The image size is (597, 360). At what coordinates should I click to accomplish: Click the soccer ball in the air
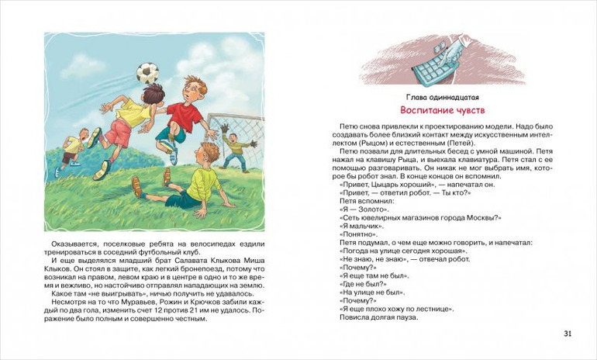pos(147,72)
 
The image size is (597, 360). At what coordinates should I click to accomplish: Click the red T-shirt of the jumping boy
pos(185,116)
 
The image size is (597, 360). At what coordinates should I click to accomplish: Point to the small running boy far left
pos(72,151)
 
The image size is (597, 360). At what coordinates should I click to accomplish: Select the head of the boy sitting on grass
pos(209,152)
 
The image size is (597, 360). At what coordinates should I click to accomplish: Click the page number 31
pos(568,334)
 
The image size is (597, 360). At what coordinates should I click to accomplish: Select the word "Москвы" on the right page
pos(481,217)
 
